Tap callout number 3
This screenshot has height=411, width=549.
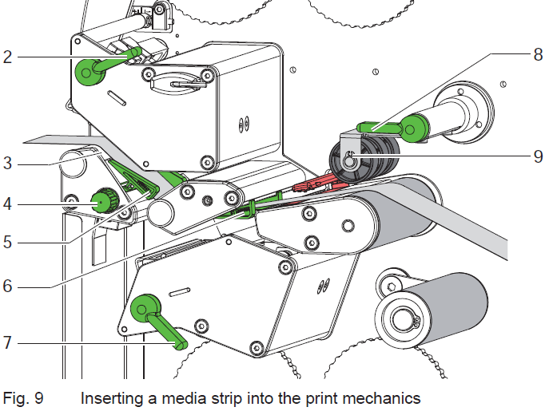point(6,164)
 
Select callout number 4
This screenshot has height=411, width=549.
point(6,204)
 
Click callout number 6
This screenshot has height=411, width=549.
point(6,284)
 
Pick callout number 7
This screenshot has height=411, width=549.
point(6,343)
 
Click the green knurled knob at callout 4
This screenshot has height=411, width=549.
point(102,200)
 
